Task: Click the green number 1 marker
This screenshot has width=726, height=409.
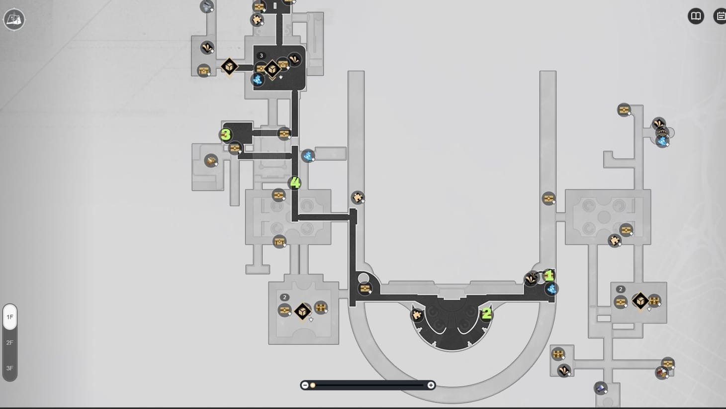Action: point(548,275)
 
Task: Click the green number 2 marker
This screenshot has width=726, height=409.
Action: point(486,313)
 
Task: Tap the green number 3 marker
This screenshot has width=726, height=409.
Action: point(226,135)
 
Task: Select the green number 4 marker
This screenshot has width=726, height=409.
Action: point(295,182)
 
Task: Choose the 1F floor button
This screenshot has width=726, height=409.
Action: point(10,317)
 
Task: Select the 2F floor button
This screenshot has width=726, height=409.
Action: point(10,342)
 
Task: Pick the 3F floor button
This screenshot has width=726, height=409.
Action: point(10,368)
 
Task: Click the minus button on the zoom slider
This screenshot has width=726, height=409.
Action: point(305,385)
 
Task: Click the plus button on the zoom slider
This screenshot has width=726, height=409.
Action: point(431,385)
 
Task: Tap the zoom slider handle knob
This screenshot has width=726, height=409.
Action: point(312,385)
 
